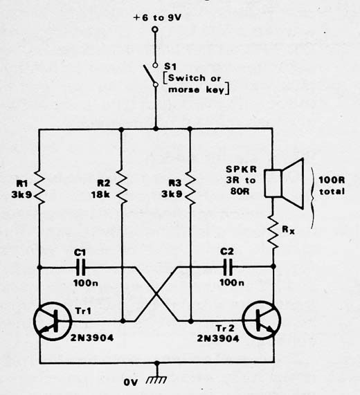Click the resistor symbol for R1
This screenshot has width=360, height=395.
click(39, 187)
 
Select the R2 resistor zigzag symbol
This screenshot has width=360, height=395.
click(122, 187)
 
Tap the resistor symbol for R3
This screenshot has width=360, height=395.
click(190, 187)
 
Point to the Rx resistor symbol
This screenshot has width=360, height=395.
click(273, 231)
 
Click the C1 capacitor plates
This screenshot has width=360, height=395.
click(81, 268)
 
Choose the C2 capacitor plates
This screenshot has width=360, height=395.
click(228, 266)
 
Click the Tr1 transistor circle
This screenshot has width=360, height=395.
click(53, 322)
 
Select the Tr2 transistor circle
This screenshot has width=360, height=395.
click(262, 320)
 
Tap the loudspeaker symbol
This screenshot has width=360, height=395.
click(284, 183)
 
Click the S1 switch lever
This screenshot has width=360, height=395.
click(150, 74)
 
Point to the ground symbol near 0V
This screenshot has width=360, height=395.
click(156, 380)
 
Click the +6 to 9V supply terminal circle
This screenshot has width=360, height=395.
click(155, 30)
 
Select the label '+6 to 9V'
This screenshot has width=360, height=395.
click(157, 17)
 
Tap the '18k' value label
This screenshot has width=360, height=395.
click(100, 194)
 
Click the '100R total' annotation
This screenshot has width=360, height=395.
click(332, 185)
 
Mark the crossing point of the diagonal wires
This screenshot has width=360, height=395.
click(156, 294)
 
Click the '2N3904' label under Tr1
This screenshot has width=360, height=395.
click(92, 338)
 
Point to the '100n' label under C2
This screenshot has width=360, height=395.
click(232, 282)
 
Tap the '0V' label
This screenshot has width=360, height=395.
click(131, 383)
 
